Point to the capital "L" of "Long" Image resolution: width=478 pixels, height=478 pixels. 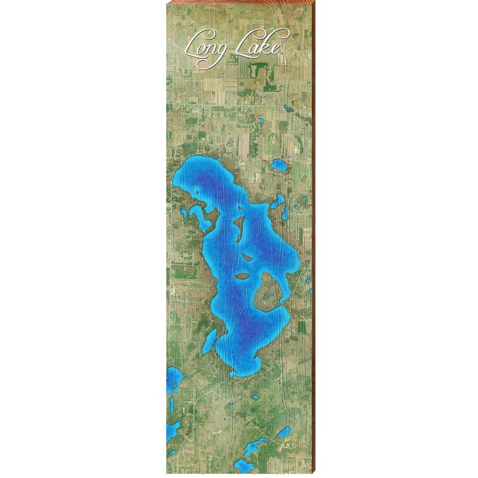click(193, 44)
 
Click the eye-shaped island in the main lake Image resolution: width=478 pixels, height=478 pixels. click(242, 277)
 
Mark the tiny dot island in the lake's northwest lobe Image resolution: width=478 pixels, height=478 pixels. click(197, 192)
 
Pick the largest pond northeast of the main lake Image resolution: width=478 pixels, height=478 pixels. click(278, 166)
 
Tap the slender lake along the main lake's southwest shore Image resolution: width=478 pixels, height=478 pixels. click(209, 340)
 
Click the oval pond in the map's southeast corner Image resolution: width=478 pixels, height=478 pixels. click(283, 432)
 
